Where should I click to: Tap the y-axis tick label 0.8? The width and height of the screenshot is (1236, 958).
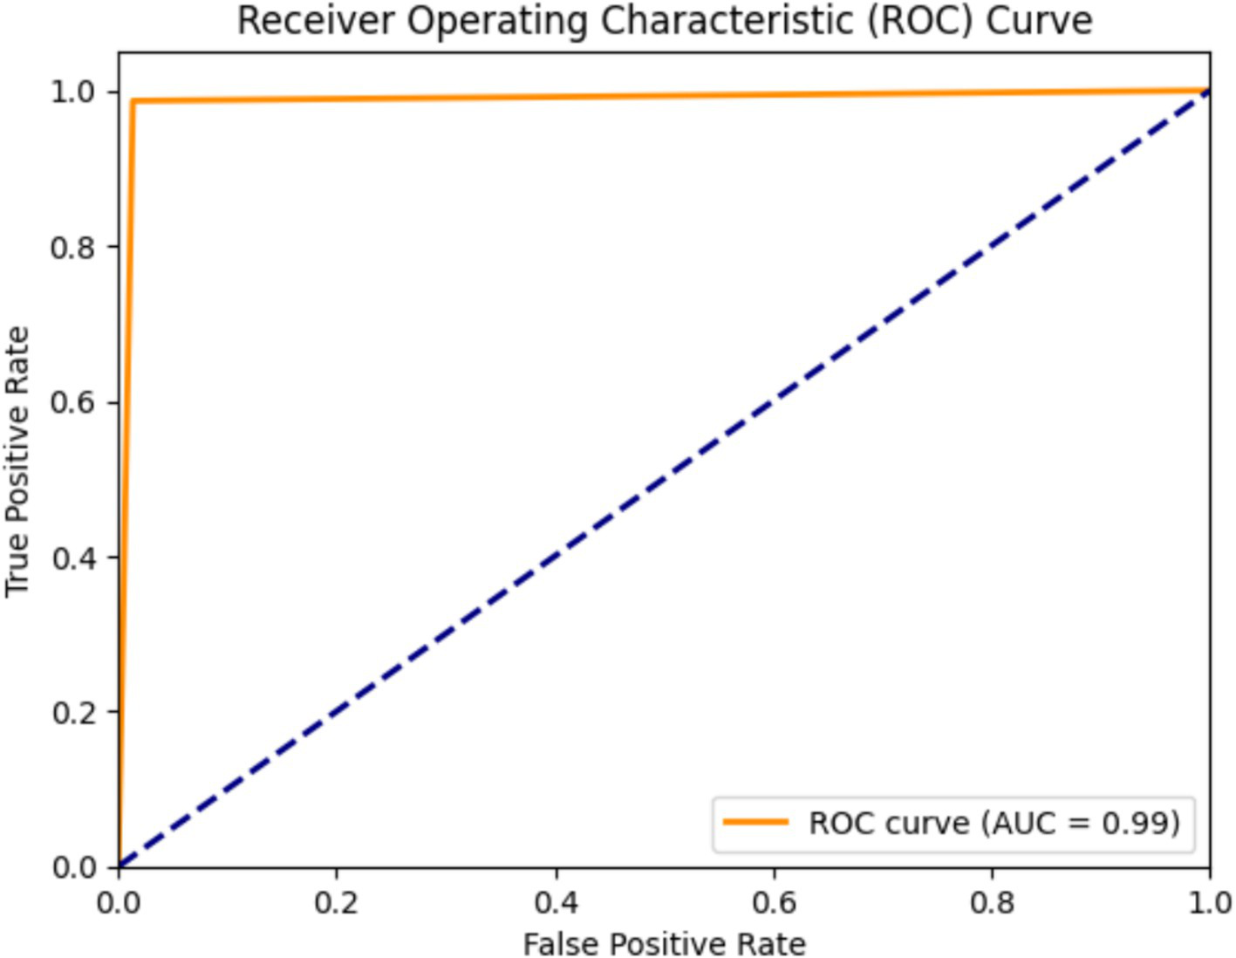(72, 248)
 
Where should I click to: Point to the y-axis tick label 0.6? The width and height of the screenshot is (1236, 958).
(72, 403)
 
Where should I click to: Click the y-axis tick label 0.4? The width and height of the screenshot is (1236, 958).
(72, 558)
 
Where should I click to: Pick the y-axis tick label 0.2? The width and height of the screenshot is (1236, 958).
(72, 713)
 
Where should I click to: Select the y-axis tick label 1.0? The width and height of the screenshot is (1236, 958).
(72, 92)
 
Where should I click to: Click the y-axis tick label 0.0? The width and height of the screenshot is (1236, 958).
(72, 867)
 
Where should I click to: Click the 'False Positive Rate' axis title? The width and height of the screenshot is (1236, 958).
(664, 943)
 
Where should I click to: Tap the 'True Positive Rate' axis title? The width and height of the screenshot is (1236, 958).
(17, 462)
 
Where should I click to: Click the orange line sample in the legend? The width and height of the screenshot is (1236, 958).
(755, 822)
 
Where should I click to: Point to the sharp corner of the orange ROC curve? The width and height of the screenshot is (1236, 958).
(133, 101)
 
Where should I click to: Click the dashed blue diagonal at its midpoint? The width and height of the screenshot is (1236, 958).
(664, 479)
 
